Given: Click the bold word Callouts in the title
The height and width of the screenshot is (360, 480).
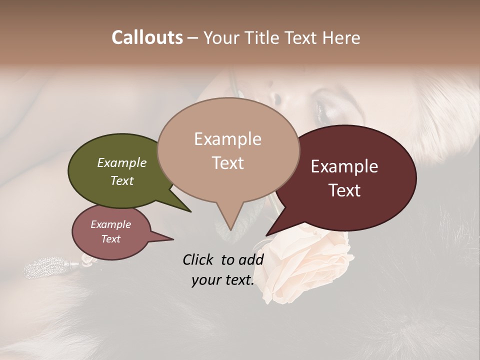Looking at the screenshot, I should pyautogui.click(x=147, y=38).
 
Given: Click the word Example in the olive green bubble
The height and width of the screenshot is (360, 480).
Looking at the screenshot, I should pyautogui.click(x=121, y=162).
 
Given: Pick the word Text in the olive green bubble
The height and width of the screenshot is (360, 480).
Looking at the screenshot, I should pyautogui.click(x=121, y=180).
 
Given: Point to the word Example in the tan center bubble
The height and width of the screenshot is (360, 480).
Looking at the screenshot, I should pyautogui.click(x=227, y=139).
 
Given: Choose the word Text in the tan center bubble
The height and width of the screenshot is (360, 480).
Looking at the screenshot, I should pyautogui.click(x=227, y=162).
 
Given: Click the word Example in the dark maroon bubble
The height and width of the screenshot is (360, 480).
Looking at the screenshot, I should pyautogui.click(x=344, y=166).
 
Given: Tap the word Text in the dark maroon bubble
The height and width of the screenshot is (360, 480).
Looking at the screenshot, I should pyautogui.click(x=344, y=190).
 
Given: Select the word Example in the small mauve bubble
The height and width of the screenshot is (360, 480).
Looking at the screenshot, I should pyautogui.click(x=110, y=224).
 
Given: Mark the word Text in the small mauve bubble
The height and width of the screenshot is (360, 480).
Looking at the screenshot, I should pyautogui.click(x=110, y=239).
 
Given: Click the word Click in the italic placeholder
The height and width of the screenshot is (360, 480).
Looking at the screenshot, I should pyautogui.click(x=199, y=259).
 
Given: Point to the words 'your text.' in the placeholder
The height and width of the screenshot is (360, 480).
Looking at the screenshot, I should pyautogui.click(x=222, y=280).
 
